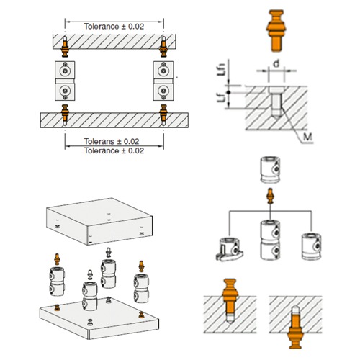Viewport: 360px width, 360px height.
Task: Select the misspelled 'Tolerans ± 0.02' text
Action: click(x=114, y=141)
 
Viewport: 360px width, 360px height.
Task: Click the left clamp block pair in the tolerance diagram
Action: click(x=66, y=81)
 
